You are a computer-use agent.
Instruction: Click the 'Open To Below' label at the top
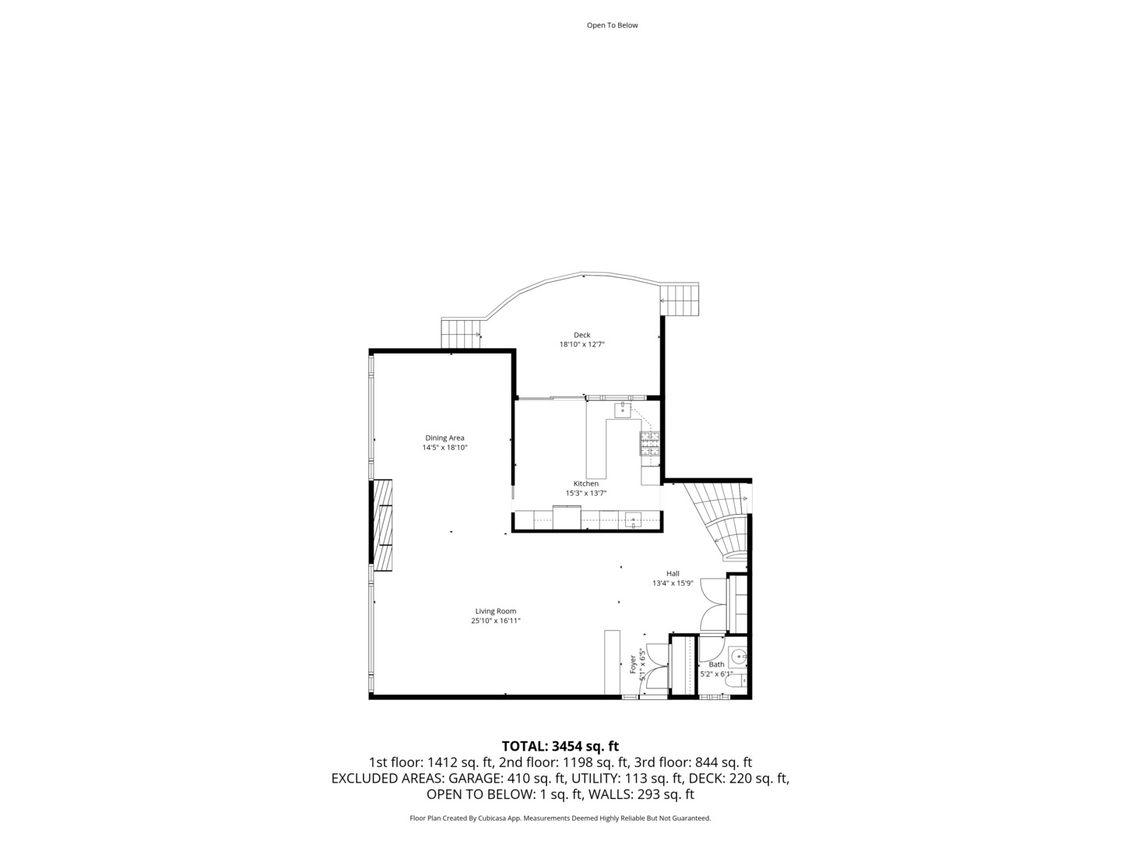coord(612,25)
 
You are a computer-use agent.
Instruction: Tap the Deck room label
coord(582,335)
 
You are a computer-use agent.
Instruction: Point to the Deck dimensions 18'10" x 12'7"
coord(582,344)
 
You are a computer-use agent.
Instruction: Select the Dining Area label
coord(445,438)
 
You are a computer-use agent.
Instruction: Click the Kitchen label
coord(585,484)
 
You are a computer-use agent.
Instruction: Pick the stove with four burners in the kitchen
coord(649,443)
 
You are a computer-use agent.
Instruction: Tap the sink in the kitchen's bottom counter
coord(633,519)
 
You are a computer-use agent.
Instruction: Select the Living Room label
coord(495,611)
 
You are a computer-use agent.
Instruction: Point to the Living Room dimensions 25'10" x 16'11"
coord(495,621)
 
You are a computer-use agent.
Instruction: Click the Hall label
coord(673,574)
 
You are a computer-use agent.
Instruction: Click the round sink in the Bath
coord(738,656)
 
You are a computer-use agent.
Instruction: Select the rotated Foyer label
coord(632,663)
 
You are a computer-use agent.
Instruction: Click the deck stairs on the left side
coord(461,333)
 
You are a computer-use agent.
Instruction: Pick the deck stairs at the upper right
coord(680,300)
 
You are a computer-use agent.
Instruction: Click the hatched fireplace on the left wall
coord(382,526)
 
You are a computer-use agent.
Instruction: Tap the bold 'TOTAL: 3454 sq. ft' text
coord(560,746)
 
